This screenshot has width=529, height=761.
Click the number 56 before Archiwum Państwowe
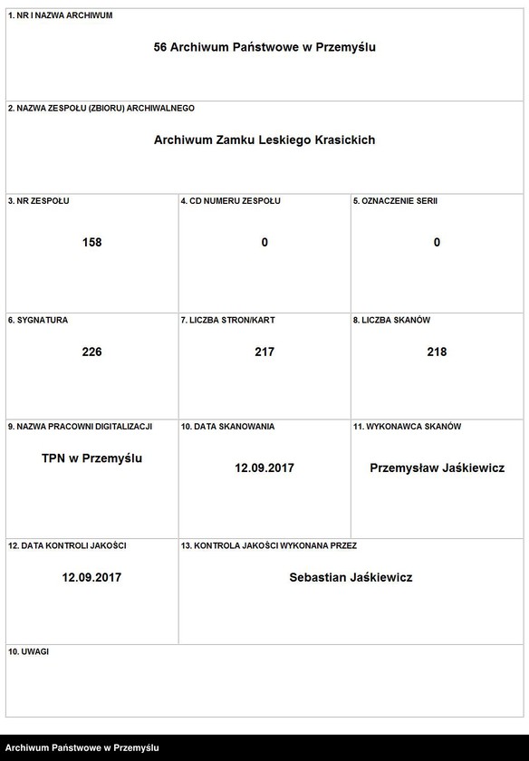click(x=161, y=47)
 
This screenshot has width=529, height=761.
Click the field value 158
click(x=91, y=242)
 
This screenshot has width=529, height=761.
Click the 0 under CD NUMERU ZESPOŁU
click(x=264, y=242)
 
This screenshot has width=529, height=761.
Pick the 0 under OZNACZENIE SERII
click(x=437, y=242)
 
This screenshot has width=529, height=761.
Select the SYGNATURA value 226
click(x=91, y=352)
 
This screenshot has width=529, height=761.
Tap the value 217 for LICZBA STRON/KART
click(x=264, y=352)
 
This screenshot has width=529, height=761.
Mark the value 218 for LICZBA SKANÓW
click(x=437, y=352)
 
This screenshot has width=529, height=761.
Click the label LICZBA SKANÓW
click(x=391, y=320)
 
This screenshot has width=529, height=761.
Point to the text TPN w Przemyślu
click(x=91, y=458)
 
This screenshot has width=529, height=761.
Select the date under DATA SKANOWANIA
click(x=264, y=468)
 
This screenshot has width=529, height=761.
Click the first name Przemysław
click(x=405, y=468)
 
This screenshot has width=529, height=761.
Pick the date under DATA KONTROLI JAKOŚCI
click(x=91, y=577)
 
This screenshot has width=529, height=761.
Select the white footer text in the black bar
click(x=82, y=747)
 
